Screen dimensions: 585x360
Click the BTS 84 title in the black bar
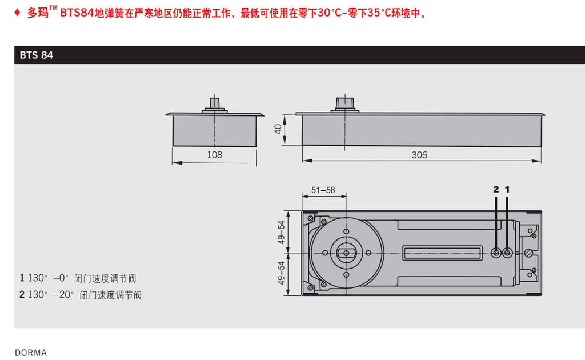pyautogui.click(x=36, y=55)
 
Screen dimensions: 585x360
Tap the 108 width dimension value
pyautogui.click(x=215, y=155)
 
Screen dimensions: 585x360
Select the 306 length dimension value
pyautogui.click(x=419, y=155)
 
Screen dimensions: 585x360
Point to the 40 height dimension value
pyautogui.click(x=278, y=129)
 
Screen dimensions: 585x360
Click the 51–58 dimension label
pyautogui.click(x=323, y=190)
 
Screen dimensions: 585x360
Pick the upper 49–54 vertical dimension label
pyautogui.click(x=281, y=232)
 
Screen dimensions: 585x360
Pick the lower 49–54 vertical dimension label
pyautogui.click(x=281, y=273)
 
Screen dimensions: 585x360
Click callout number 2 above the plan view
pyautogui.click(x=496, y=190)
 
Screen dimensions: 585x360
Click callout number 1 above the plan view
pyautogui.click(x=507, y=190)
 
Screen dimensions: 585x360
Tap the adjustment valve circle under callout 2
pyautogui.click(x=496, y=253)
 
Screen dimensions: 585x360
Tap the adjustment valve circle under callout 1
pyautogui.click(x=507, y=253)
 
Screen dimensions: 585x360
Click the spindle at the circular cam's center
pyautogui.click(x=346, y=253)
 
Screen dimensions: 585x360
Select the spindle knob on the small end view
pyautogui.click(x=215, y=103)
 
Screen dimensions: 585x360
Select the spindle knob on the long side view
pyautogui.click(x=344, y=103)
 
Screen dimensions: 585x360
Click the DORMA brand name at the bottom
pyautogui.click(x=31, y=353)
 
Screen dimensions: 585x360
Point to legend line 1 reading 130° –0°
pyautogui.click(x=78, y=278)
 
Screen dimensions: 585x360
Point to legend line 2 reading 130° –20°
pyautogui.click(x=81, y=295)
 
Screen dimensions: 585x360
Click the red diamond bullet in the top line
pyautogui.click(x=17, y=13)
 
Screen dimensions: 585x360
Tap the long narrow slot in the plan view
pyautogui.click(x=443, y=253)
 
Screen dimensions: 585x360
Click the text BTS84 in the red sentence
pyautogui.click(x=77, y=13)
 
